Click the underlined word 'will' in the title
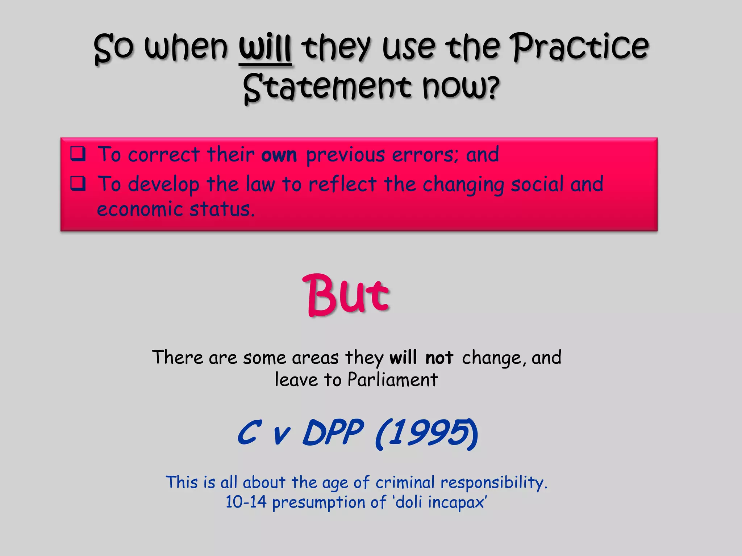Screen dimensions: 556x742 click(x=265, y=49)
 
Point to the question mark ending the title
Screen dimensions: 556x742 click(x=492, y=88)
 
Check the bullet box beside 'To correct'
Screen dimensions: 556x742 click(x=78, y=153)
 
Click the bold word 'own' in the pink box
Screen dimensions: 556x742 click(x=279, y=155)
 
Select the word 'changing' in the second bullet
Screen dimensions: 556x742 click(x=463, y=185)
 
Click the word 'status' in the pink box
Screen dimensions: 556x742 click(x=222, y=209)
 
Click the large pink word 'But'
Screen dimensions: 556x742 click(x=346, y=295)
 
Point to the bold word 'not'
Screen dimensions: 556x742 click(x=439, y=358)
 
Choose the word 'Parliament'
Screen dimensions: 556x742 click(x=393, y=380)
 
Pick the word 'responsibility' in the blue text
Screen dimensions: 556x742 click(x=493, y=483)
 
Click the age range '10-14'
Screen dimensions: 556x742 click(x=246, y=502)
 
